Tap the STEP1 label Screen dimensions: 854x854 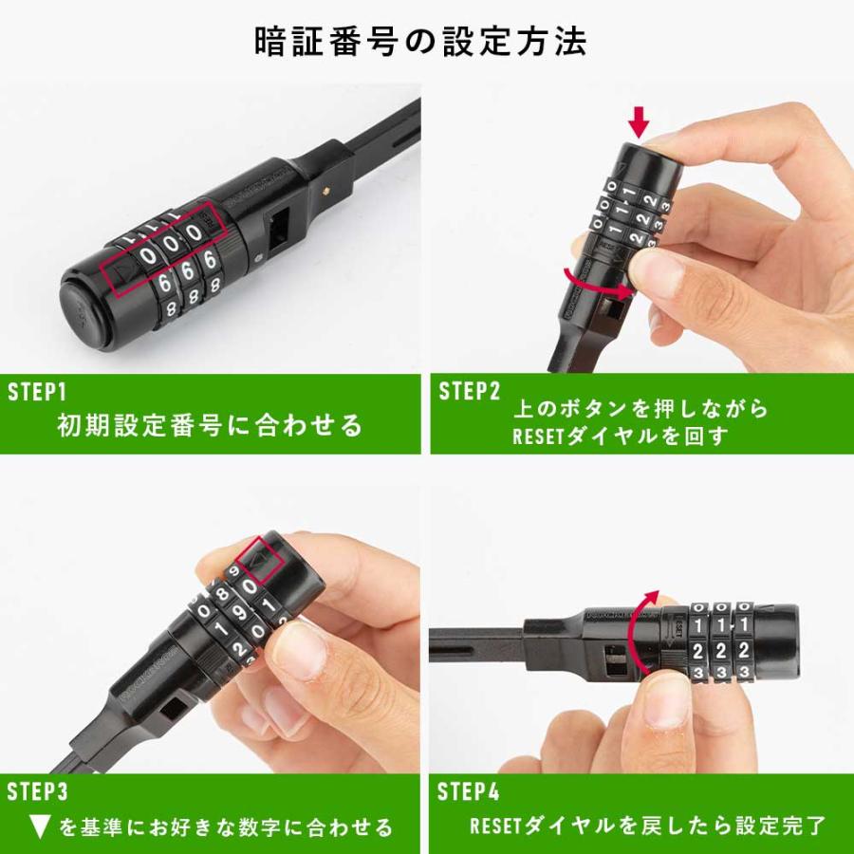pyautogui.click(x=38, y=392)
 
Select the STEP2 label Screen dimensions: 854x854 pyautogui.click(x=469, y=392)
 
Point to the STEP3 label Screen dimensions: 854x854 pyautogui.click(x=38, y=791)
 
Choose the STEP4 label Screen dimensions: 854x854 pyautogui.click(x=469, y=791)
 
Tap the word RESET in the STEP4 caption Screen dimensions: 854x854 pyautogui.click(x=495, y=826)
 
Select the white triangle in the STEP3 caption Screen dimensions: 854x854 pyautogui.click(x=39, y=827)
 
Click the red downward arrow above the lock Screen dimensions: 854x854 pyautogui.click(x=640, y=121)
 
